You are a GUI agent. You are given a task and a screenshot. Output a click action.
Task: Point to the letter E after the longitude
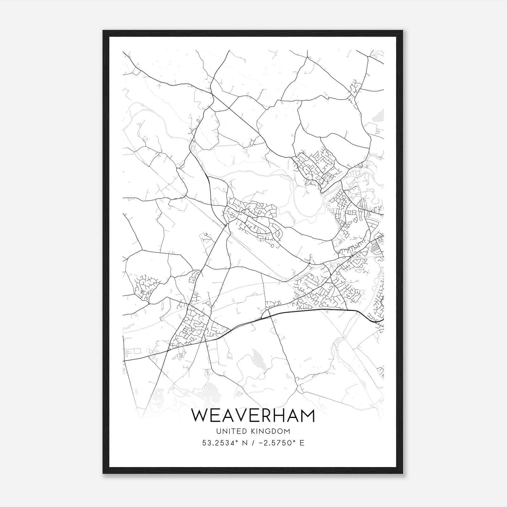302,443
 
